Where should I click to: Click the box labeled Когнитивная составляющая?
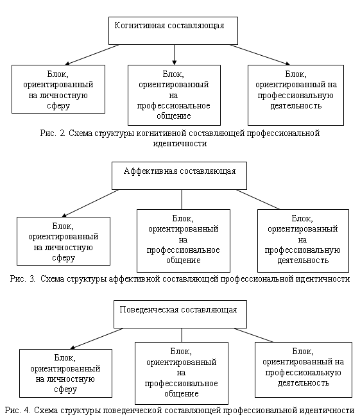pyautogui.click(x=173, y=31)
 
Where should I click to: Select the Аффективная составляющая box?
pyautogui.click(x=179, y=176)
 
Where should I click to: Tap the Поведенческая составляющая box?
pyautogui.click(x=180, y=314)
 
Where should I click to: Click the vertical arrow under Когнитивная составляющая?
pyautogui.click(x=175, y=55)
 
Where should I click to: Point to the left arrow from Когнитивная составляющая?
pyautogui.click(x=92, y=55)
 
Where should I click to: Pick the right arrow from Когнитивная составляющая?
pyautogui.click(x=260, y=55)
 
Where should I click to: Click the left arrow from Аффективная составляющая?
pyautogui.click(x=90, y=203)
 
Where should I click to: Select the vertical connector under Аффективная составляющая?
pyautogui.click(x=182, y=200)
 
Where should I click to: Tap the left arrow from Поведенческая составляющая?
pyautogui.click(x=97, y=339)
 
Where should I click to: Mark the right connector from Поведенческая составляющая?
pyautogui.click(x=253, y=335)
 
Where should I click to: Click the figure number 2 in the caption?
pyautogui.click(x=62, y=133)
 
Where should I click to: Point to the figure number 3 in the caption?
pyautogui.click(x=33, y=278)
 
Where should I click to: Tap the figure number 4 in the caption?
pyautogui.click(x=28, y=410)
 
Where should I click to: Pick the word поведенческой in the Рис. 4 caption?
pyautogui.click(x=132, y=410)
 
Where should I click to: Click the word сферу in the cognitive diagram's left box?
pyautogui.click(x=58, y=106)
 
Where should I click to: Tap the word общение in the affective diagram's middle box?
pyautogui.click(x=184, y=260)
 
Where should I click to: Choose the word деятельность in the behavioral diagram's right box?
pyautogui.click(x=304, y=383)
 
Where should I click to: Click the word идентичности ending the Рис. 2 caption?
pyautogui.click(x=180, y=144)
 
